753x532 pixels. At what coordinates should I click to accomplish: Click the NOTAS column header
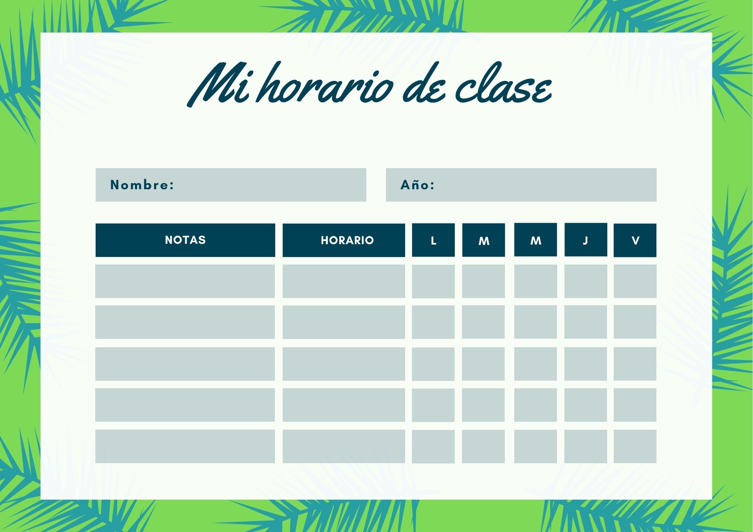coord(185,240)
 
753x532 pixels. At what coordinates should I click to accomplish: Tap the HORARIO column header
coord(344,240)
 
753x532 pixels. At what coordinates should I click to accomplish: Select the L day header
coord(433,240)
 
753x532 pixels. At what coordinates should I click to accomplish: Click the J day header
coord(586,240)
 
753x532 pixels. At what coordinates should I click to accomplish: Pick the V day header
coord(635,240)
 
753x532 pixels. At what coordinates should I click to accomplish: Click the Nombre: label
coord(142,185)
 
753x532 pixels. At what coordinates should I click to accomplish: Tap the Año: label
coord(418,184)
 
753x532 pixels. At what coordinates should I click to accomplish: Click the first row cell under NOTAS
coord(185,281)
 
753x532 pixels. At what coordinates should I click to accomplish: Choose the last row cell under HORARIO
coord(344,446)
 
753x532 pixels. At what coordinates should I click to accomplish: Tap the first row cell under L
coord(433,281)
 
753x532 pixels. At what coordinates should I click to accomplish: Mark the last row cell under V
coord(635,446)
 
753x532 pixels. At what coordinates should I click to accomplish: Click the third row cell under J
coord(586,364)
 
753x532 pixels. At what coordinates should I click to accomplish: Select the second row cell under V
coord(635,322)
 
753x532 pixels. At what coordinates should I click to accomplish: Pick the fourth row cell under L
coord(433,405)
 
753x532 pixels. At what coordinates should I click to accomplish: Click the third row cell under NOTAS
coord(185,364)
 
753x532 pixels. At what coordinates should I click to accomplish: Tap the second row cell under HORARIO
coord(344,322)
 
